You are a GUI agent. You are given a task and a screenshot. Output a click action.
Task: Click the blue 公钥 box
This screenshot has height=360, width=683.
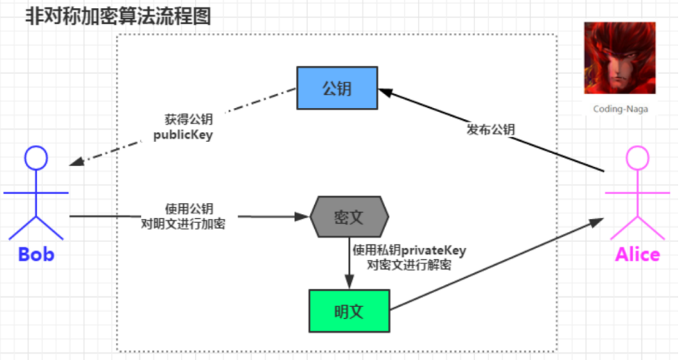(337, 87)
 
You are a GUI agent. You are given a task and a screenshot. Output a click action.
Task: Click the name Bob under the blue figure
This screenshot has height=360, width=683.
(36, 255)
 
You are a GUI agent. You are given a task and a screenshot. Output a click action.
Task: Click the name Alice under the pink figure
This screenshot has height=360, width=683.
(637, 255)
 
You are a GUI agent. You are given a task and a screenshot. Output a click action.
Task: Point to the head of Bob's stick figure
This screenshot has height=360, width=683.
(35, 157)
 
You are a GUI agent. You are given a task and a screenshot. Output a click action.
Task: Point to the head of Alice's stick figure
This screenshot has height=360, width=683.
(636, 157)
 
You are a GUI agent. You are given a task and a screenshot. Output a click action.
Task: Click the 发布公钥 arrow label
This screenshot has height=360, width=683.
(491, 130)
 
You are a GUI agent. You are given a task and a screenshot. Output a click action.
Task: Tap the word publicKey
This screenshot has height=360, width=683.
(183, 134)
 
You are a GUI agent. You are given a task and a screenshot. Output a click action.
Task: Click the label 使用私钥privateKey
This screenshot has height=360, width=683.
(409, 250)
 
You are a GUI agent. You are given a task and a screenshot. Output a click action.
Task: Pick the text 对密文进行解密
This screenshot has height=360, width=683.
(408, 265)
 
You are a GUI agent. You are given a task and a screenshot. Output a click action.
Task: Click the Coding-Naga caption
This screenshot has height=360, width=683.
(620, 108)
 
